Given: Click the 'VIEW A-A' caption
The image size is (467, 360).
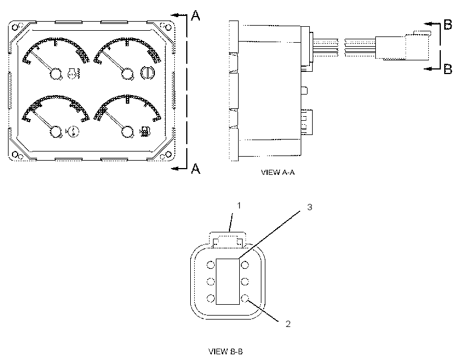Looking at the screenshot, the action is point(277,173).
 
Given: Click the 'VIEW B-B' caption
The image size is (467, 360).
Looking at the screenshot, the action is point(226,351).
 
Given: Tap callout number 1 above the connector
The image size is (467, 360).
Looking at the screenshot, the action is point(239,206).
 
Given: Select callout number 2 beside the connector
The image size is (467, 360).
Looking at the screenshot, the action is point(288,324).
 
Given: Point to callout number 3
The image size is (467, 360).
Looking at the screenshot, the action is point(309,207).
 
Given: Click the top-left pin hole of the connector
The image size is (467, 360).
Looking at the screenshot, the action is point(211,265).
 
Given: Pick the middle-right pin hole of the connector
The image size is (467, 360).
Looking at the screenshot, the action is point(245,281).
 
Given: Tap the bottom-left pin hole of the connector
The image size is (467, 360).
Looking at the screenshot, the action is point(211,298).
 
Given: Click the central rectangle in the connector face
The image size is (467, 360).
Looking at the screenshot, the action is point(228,281).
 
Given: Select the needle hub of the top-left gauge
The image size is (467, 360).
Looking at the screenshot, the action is point(56,74).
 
